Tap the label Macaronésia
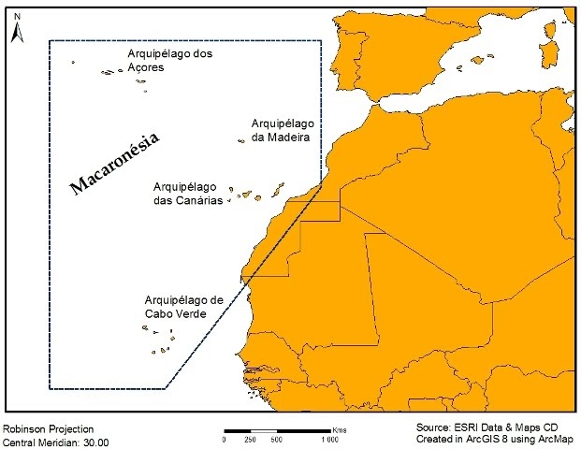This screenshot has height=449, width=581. [x=115, y=165]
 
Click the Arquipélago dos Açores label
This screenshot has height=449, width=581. [x=170, y=61]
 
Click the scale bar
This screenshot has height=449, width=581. [x=276, y=427]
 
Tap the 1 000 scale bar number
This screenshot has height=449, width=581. [x=330, y=439]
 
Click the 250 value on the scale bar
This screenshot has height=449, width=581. [x=250, y=439]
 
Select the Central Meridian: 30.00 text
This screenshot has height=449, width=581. [x=55, y=441]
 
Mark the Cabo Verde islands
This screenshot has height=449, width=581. [x=159, y=341]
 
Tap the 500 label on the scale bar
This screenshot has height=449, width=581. [x=276, y=439]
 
